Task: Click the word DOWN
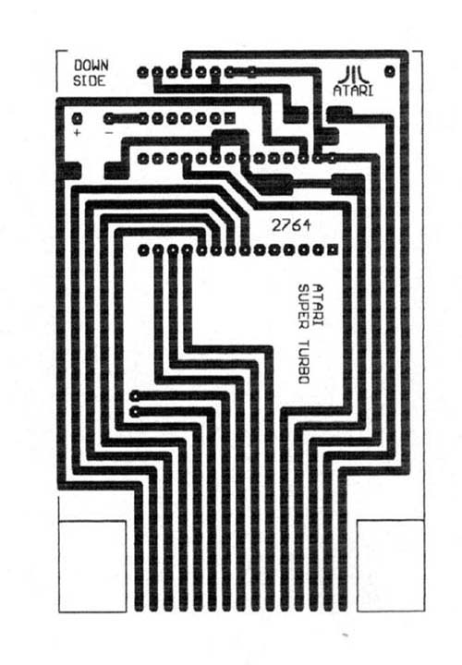(91, 66)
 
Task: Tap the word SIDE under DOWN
(89, 80)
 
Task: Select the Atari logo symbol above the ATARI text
(353, 75)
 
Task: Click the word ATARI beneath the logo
(353, 91)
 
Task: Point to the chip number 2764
(291, 224)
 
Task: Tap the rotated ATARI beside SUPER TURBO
(318, 306)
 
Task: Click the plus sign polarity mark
(77, 133)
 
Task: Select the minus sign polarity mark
(109, 133)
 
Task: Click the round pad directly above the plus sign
(77, 118)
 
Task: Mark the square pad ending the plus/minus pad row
(230, 118)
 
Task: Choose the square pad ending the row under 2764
(333, 249)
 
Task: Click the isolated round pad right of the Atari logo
(389, 71)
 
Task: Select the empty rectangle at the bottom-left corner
(92, 566)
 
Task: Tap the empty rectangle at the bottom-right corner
(391, 565)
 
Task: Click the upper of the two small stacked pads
(135, 396)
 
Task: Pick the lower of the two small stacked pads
(135, 411)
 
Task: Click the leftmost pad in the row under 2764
(143, 250)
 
